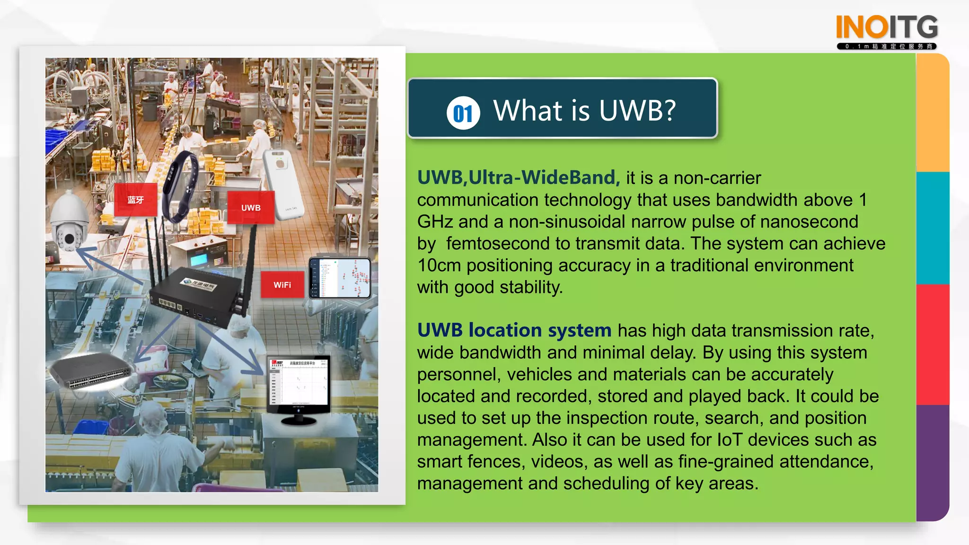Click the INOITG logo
point(887,31)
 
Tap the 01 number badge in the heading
point(463,113)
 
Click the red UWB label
point(251,208)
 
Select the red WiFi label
point(282,285)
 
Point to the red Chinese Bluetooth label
point(136,200)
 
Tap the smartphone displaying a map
point(339,278)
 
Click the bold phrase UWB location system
point(514,330)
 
